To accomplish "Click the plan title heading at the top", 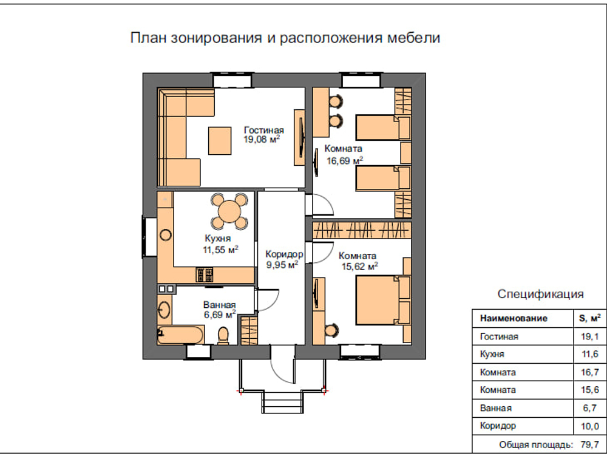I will click(285, 38).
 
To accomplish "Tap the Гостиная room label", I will click(264, 130).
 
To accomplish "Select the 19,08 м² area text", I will click(262, 140).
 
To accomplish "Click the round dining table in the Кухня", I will click(229, 211).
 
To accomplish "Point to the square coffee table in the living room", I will click(219, 140).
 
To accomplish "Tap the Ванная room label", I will click(219, 305).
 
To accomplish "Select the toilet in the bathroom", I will click(223, 335).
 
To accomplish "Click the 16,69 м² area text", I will click(344, 161).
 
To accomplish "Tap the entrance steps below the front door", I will click(282, 403).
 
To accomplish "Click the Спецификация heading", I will click(541, 294).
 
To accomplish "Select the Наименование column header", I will click(514, 318).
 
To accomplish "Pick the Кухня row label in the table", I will click(492, 354).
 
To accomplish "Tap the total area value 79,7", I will click(588, 445).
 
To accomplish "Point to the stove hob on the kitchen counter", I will click(203, 275).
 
